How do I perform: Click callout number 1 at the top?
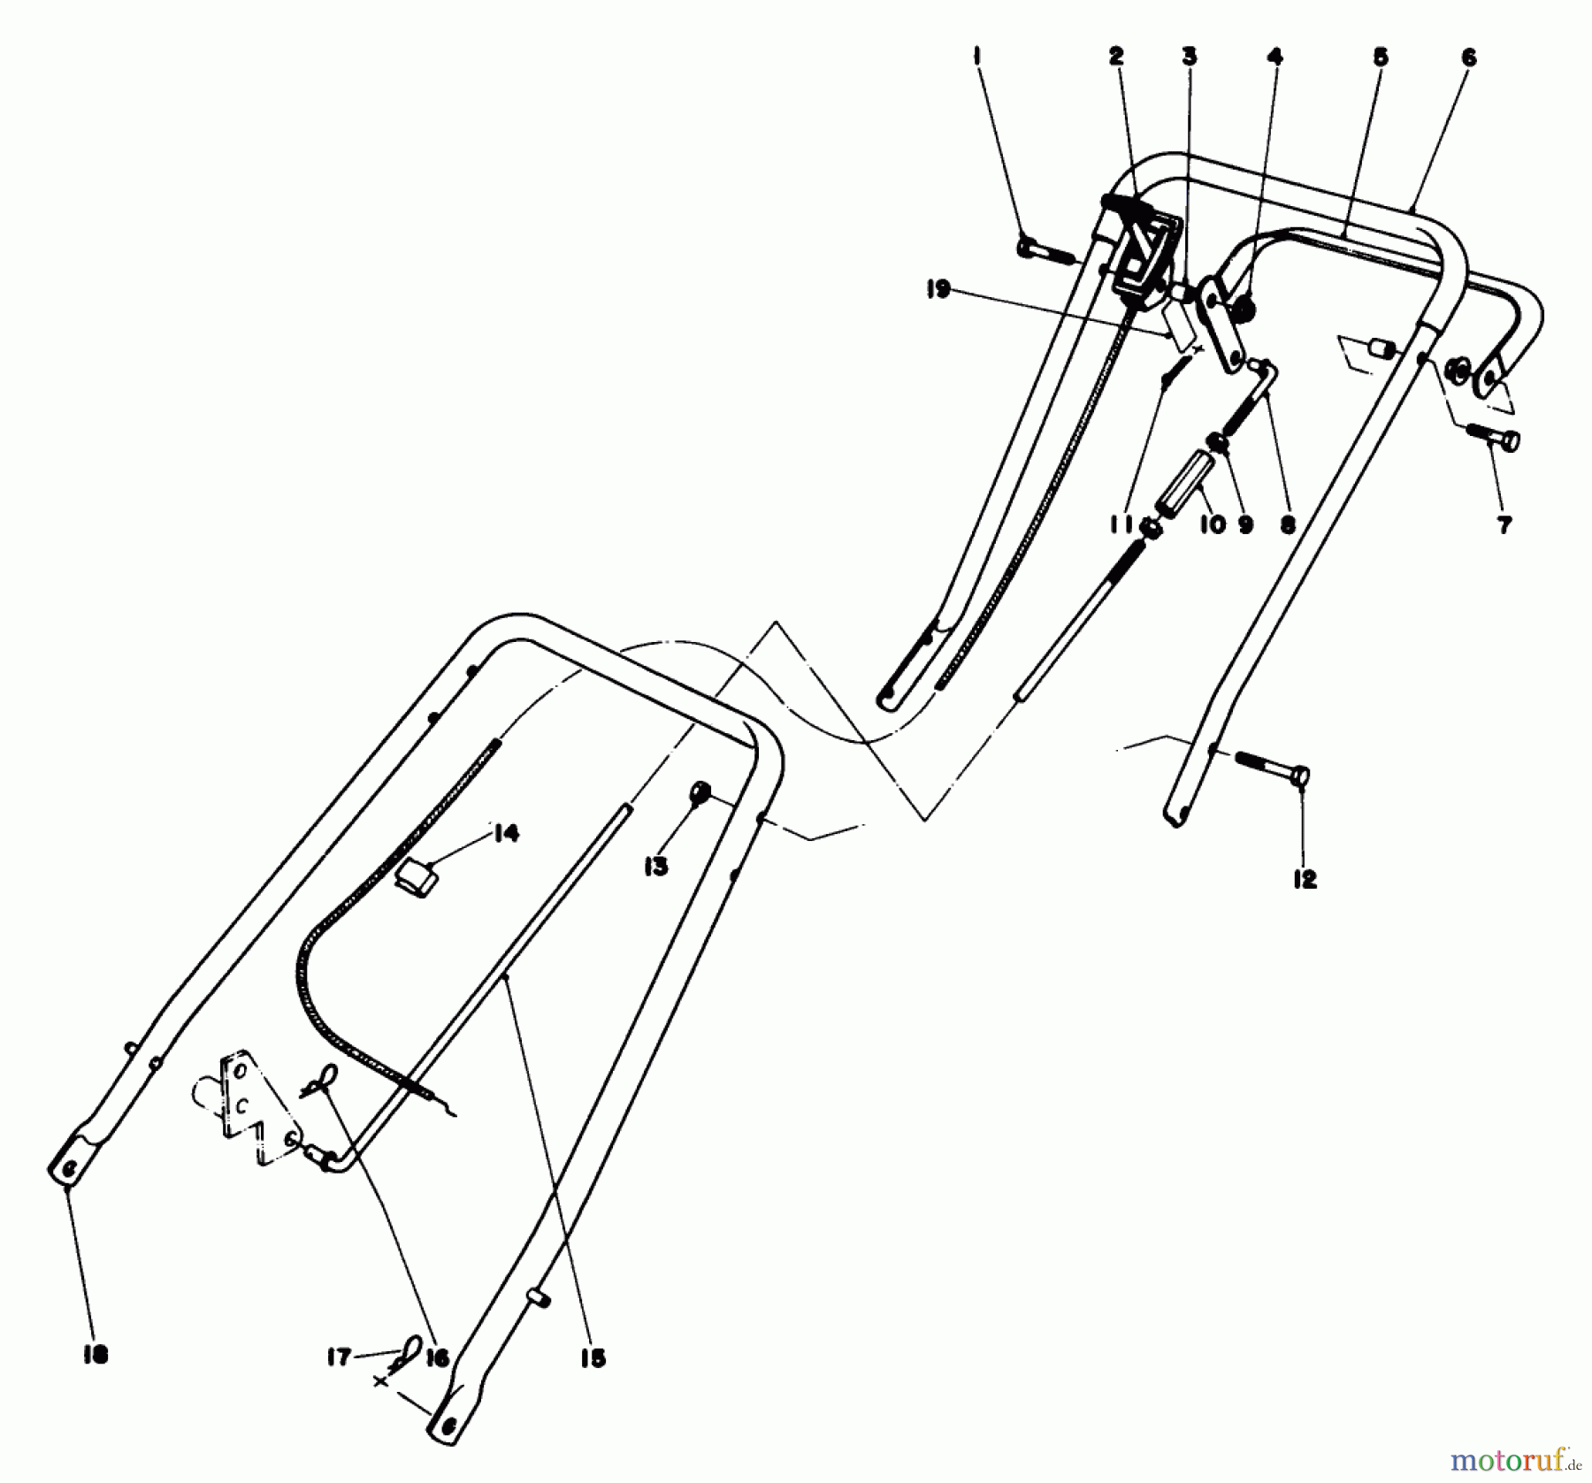pos(976,57)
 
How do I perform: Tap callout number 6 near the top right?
pos(1468,57)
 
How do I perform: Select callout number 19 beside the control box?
pos(938,289)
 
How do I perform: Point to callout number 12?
pos(1305,879)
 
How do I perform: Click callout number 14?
pos(505,833)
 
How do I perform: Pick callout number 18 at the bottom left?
pos(95,1356)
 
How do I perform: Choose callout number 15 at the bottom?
pos(593,1360)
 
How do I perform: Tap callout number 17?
pos(338,1357)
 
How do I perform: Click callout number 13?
pos(655,868)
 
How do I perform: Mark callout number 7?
pos(1504,524)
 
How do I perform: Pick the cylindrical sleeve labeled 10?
pos(1183,491)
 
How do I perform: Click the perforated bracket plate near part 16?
pos(249,1105)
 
